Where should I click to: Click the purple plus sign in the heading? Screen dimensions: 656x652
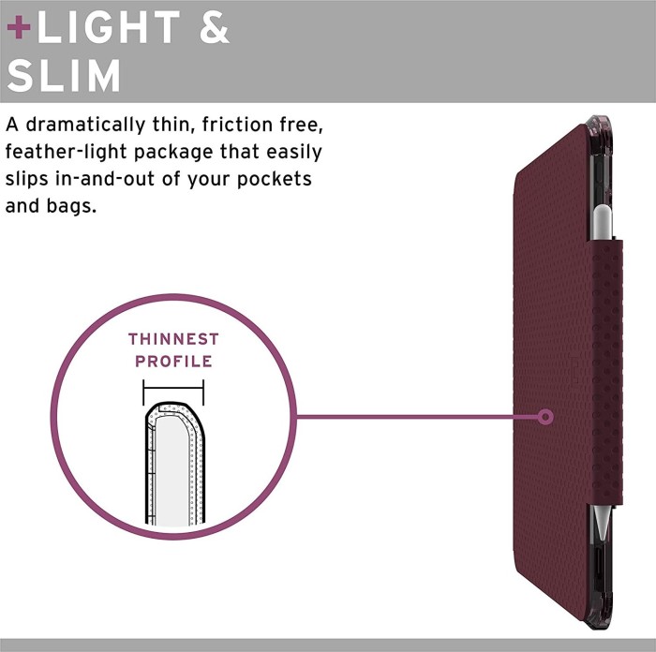tap(19, 27)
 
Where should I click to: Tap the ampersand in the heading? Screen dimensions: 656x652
tap(215, 27)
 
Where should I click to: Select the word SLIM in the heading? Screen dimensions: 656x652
tap(64, 75)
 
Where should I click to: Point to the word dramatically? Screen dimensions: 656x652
tap(86, 125)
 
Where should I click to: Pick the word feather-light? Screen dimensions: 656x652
tap(67, 152)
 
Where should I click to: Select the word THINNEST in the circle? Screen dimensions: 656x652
tap(173, 339)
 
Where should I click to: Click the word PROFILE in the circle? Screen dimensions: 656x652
tap(173, 362)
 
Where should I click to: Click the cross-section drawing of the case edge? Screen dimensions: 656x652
tap(175, 465)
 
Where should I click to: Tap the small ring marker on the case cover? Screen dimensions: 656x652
tap(545, 417)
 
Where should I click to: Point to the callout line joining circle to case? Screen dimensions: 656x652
tap(417, 417)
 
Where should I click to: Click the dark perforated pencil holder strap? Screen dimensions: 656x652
tap(605, 372)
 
